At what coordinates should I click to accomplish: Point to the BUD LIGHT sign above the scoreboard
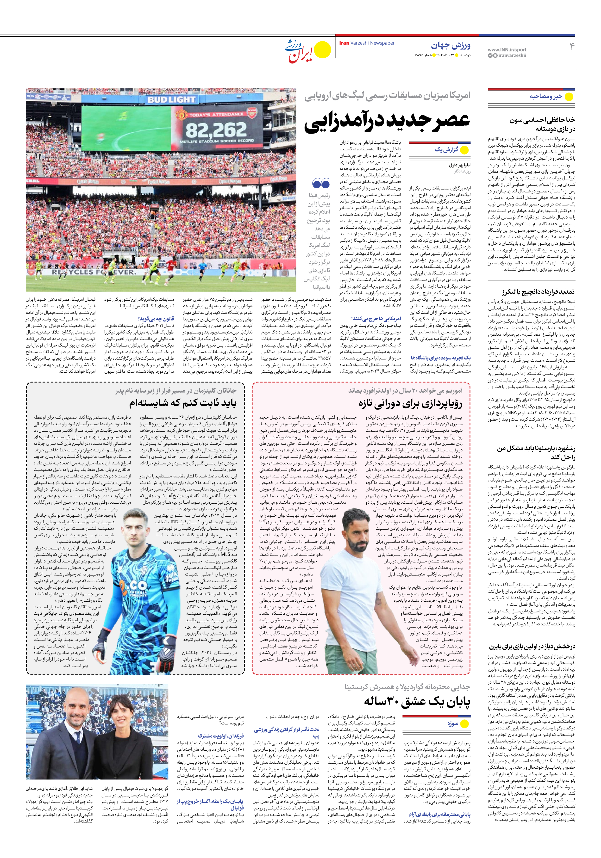pyautogui.click(x=171, y=100)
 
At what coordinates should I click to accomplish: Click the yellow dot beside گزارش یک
pyautogui.click(x=464, y=150)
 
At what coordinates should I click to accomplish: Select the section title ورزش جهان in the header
pyautogui.click(x=451, y=46)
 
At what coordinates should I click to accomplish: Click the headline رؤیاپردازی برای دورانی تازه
pyautogui.click(x=410, y=404)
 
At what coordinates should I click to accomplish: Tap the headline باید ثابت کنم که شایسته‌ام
pyautogui.click(x=183, y=403)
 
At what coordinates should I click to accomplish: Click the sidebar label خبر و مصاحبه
pyautogui.click(x=546, y=96)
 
